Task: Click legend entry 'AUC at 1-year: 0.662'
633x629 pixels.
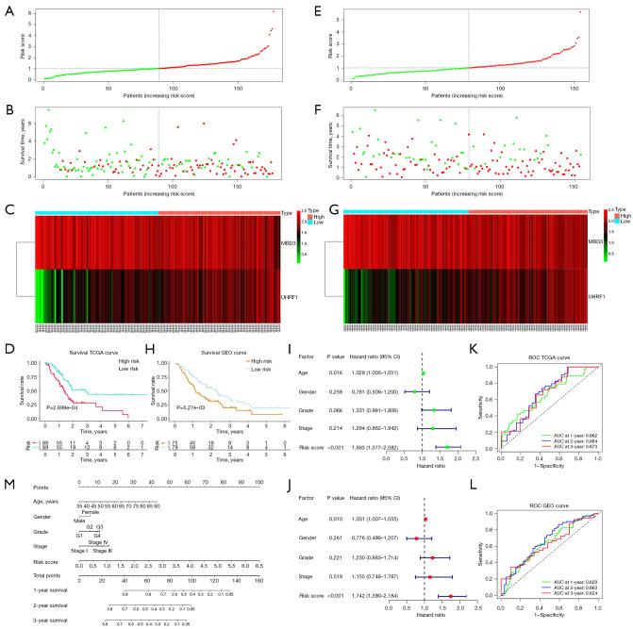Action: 570,436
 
